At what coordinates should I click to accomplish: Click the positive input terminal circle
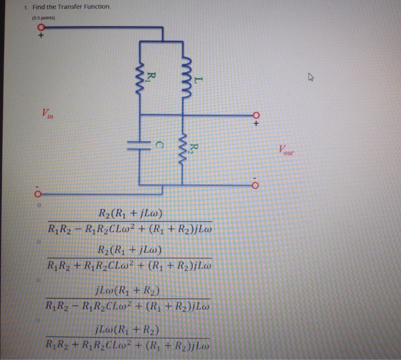[41, 27]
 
